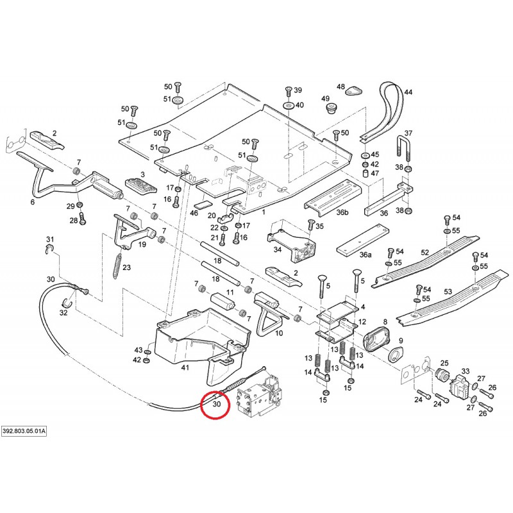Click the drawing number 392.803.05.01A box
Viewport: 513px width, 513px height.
(x=24, y=432)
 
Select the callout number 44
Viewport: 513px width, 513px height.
(x=408, y=92)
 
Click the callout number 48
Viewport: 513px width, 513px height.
(x=341, y=87)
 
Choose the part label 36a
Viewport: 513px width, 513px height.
(x=365, y=255)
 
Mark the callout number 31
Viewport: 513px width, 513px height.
(x=49, y=240)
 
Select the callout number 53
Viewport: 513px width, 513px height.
(x=448, y=292)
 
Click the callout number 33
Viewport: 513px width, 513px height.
(x=466, y=371)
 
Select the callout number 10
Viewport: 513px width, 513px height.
(x=279, y=333)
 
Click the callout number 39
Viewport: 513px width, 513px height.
(x=298, y=90)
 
